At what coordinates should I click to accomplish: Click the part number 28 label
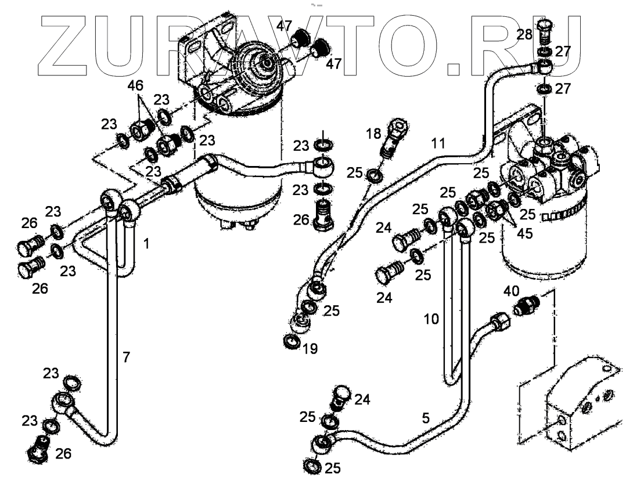[524, 34]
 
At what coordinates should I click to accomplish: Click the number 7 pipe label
[126, 357]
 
